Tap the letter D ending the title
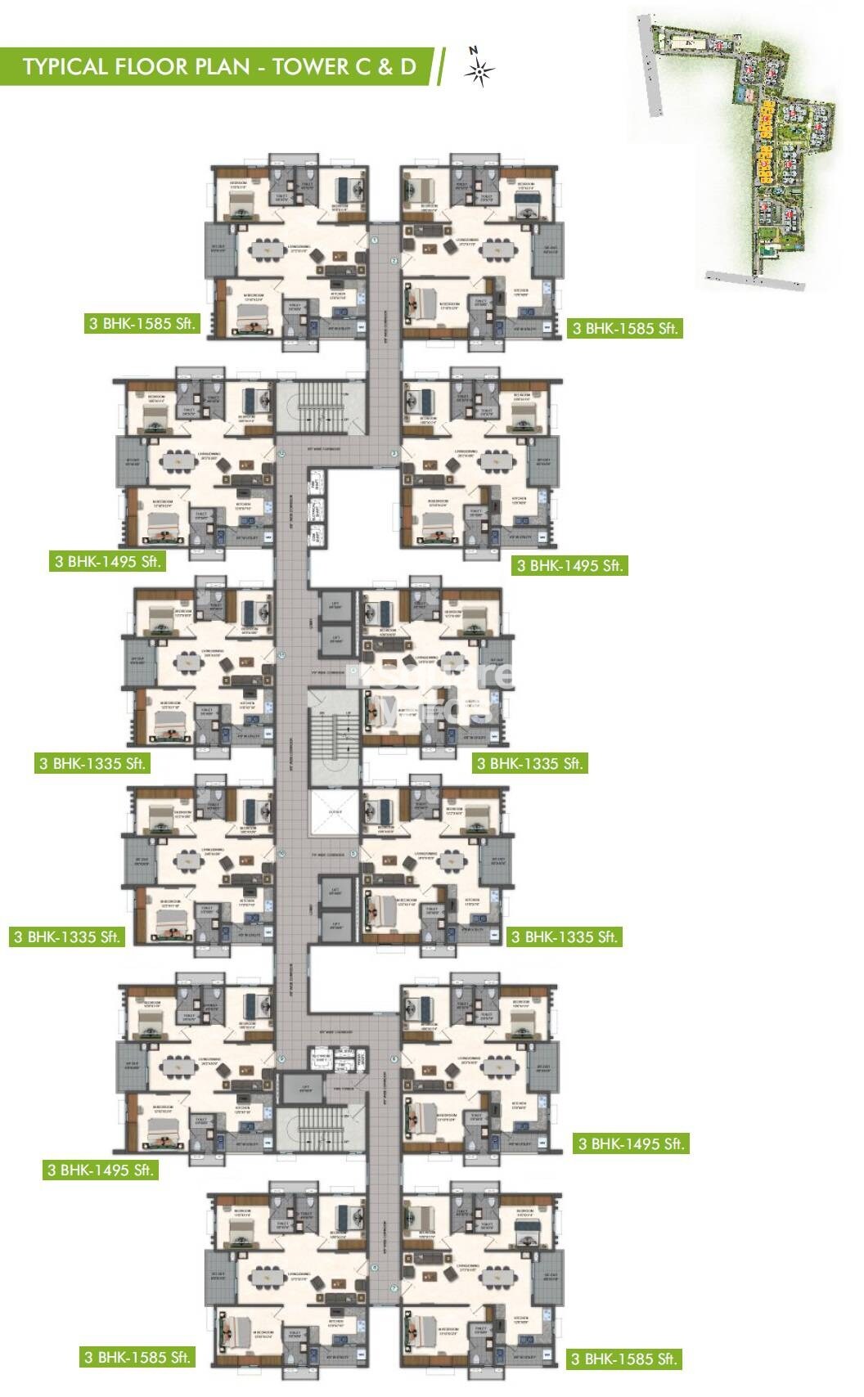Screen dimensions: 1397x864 407,66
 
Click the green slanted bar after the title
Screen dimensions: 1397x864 442,66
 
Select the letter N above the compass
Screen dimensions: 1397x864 473,50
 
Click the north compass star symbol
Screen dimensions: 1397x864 479,73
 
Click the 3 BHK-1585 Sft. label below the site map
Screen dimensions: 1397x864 625,329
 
